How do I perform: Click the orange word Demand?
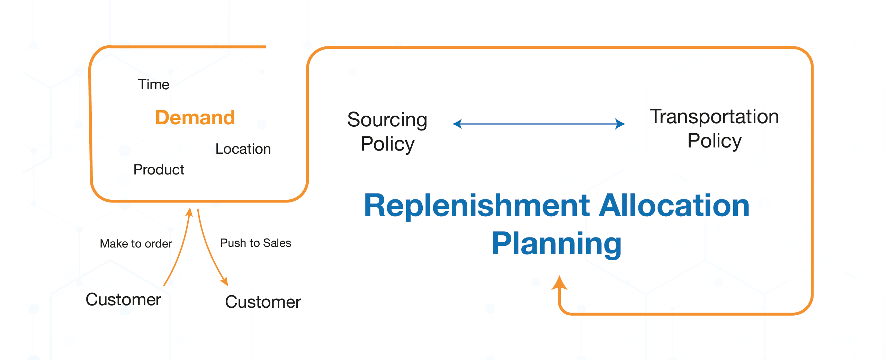pos(195,117)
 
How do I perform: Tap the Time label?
pos(154,84)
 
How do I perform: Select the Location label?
pos(243,149)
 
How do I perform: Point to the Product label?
pos(159,170)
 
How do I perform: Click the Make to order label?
pos(136,244)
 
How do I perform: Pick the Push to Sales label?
pos(256,243)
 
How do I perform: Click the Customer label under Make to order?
pos(124,299)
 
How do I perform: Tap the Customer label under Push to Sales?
pos(263,302)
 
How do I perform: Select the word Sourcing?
pos(387,120)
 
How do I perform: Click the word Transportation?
pos(715,116)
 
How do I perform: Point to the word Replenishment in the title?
pos(477,206)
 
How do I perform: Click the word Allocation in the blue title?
pos(675,206)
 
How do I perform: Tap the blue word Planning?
pos(557,244)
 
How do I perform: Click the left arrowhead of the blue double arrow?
pos(457,124)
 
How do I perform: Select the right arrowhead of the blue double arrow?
pos(620,124)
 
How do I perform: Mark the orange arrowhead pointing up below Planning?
pos(559,282)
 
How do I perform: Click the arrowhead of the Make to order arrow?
pos(189,212)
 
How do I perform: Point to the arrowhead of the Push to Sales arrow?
pos(225,281)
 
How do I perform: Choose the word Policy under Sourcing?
pos(387,144)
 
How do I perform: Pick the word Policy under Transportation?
pos(715,141)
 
